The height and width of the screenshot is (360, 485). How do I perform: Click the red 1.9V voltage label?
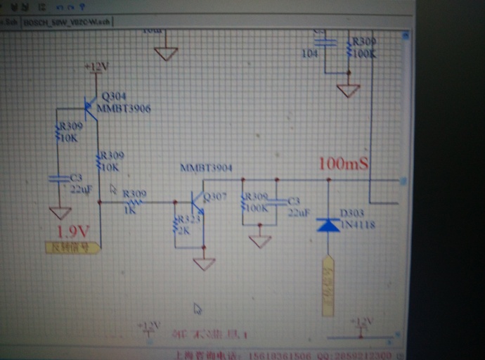[x=73, y=231]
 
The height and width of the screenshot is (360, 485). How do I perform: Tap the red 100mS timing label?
[x=344, y=164]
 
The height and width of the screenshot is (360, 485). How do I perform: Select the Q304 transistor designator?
[x=115, y=96]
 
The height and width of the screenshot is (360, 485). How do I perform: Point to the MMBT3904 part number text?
[x=206, y=168]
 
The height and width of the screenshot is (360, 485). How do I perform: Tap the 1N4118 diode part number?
[x=357, y=225]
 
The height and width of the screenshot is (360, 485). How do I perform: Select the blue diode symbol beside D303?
[x=328, y=225]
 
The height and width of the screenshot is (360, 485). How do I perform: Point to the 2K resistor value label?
[x=186, y=230]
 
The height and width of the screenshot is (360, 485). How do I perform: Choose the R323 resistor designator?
[x=188, y=219]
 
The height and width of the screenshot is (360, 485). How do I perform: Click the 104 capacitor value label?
[x=309, y=53]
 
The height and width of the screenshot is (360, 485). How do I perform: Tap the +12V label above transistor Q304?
[x=96, y=67]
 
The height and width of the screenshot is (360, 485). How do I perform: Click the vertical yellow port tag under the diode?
[x=328, y=288]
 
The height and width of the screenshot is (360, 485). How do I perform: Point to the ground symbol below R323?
[x=204, y=264]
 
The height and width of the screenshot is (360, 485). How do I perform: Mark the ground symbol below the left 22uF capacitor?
[x=60, y=212]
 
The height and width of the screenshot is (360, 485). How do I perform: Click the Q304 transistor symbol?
[x=90, y=107]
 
